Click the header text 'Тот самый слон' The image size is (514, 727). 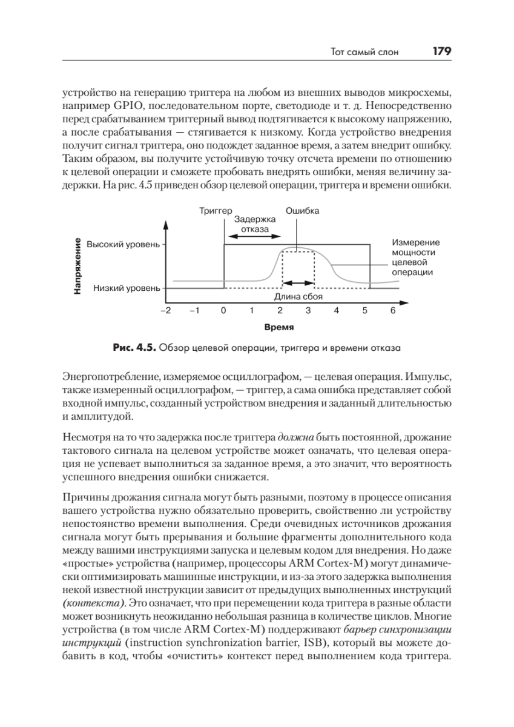365,53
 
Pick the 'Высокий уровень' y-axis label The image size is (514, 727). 123,245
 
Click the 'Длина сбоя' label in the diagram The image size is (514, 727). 298,297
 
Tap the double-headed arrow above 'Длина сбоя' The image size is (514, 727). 300,283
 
